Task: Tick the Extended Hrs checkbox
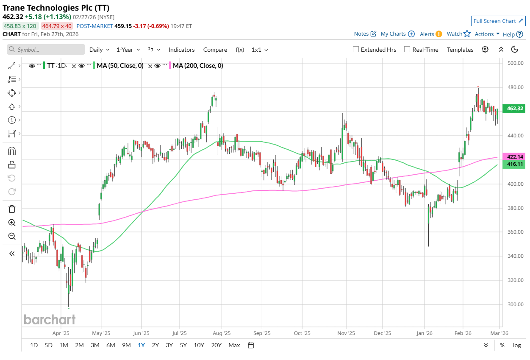tap(356, 50)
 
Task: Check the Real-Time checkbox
tap(407, 50)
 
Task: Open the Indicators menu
tap(181, 50)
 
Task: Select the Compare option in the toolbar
tap(215, 50)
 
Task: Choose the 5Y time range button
tap(183, 345)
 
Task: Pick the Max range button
tap(234, 345)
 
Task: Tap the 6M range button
tap(111, 345)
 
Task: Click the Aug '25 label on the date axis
tap(221, 333)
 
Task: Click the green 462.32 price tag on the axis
tap(513, 109)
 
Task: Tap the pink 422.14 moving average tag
tap(513, 156)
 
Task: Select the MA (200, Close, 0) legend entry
tap(198, 66)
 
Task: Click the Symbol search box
tap(46, 50)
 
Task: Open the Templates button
tap(460, 50)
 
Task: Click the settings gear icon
tap(485, 50)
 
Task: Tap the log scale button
tap(516, 345)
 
